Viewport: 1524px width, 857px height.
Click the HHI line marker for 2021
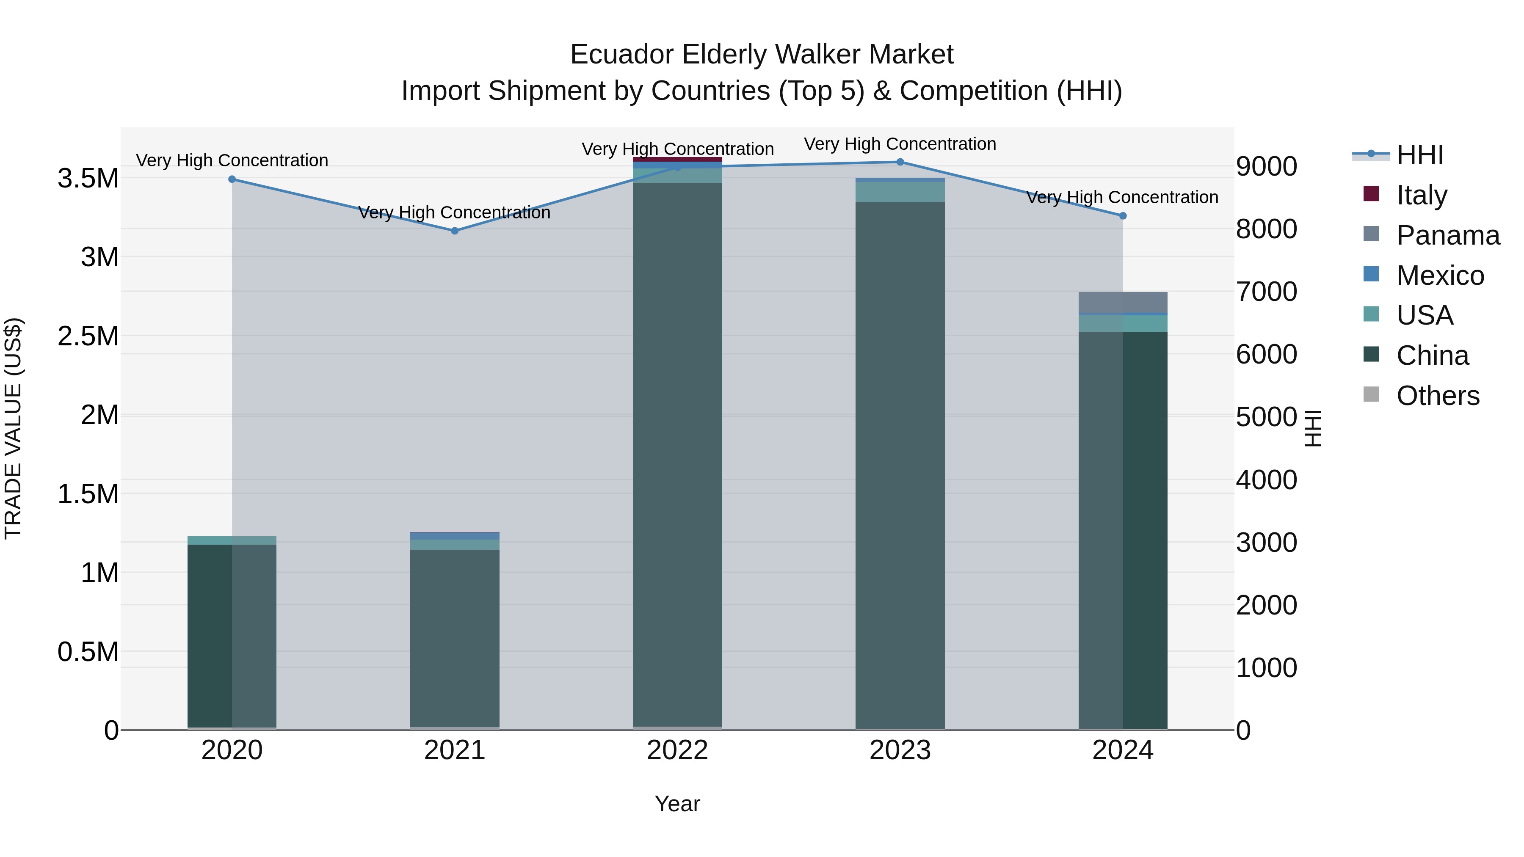[454, 231]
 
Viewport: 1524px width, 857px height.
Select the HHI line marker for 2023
[900, 162]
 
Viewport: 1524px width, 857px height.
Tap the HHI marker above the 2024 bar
[1122, 216]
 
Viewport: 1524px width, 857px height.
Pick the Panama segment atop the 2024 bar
[1122, 302]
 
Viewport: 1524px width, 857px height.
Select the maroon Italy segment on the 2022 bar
[677, 160]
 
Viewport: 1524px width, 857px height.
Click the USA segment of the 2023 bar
[900, 192]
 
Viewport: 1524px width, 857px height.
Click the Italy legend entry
[1421, 195]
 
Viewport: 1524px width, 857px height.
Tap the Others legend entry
[1437, 396]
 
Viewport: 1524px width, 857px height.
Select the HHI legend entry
[1419, 155]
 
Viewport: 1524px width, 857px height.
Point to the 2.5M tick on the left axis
[88, 336]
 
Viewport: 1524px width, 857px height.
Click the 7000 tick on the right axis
[1266, 292]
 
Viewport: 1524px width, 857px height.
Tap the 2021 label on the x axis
[454, 750]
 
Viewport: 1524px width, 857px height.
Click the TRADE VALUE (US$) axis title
[14, 428]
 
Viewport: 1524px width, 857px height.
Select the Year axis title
[677, 804]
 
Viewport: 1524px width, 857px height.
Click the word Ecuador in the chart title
[622, 55]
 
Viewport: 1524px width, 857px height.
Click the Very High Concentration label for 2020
[232, 160]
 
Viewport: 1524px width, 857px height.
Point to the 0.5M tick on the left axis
[88, 652]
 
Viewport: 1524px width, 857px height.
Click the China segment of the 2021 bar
[454, 639]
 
